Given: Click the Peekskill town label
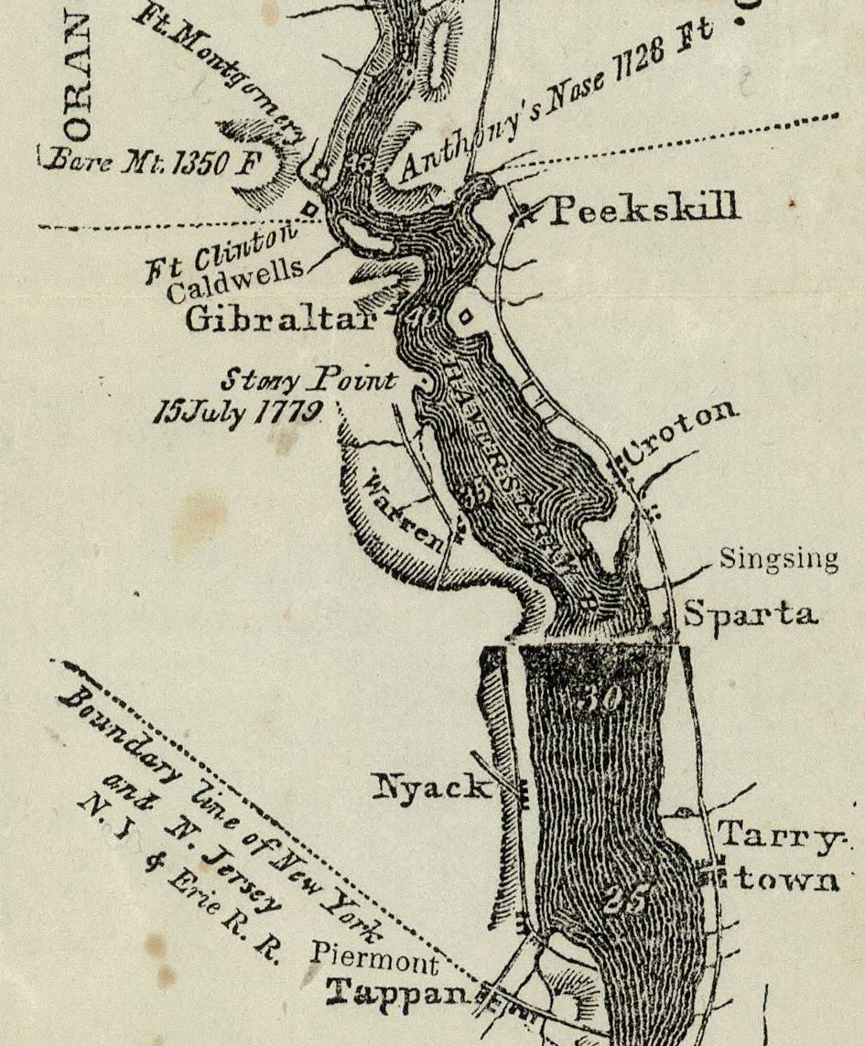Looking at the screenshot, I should [643, 210].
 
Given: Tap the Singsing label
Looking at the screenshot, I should [778, 558].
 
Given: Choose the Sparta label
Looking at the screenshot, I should [751, 614].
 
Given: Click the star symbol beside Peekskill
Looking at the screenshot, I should [524, 214].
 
